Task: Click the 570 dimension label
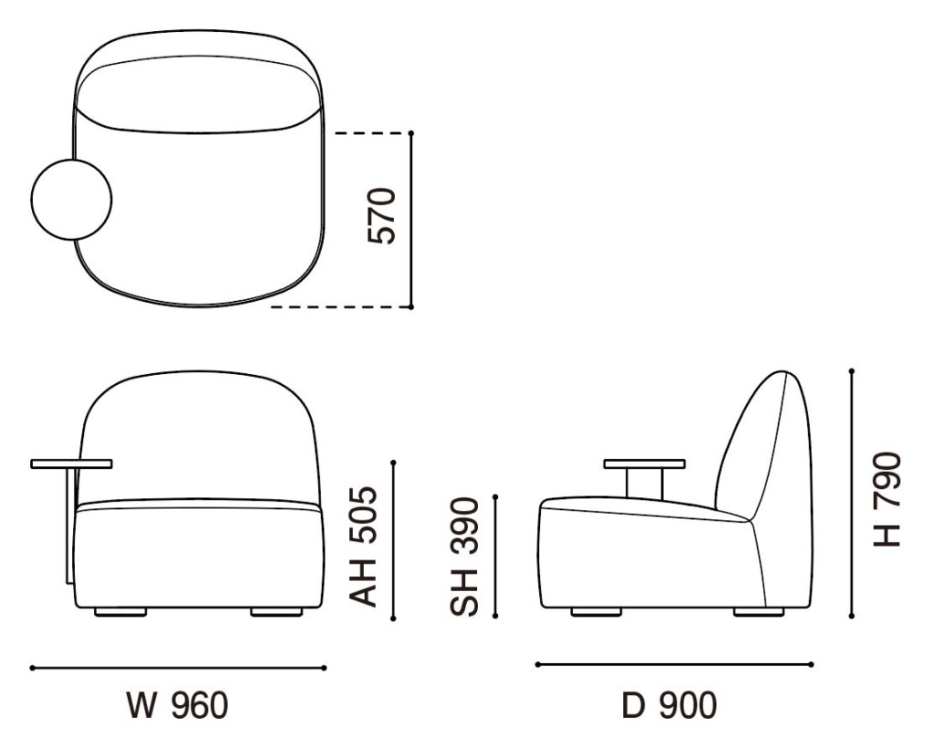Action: (x=382, y=216)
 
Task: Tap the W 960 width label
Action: (x=178, y=706)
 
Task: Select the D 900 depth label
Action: (x=669, y=706)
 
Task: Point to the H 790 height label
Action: (x=887, y=500)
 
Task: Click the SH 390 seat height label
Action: (x=464, y=556)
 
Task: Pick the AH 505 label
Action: (x=363, y=546)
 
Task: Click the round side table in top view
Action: (x=71, y=200)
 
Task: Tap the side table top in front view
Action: (x=71, y=464)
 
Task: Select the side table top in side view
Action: (x=645, y=463)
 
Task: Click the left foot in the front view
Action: (x=120, y=612)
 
